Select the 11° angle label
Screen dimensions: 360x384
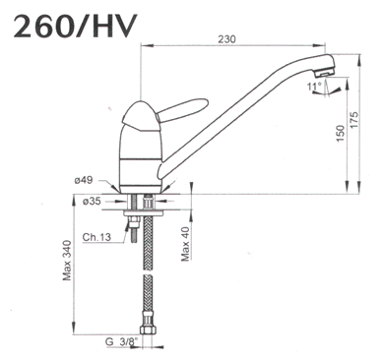(x=313, y=88)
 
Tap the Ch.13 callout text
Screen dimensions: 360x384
(x=96, y=237)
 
